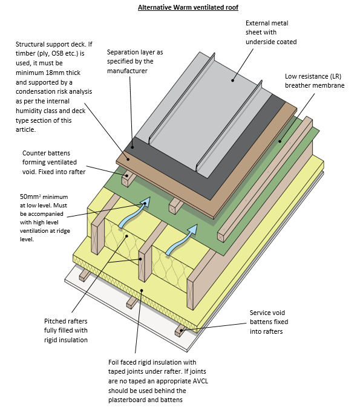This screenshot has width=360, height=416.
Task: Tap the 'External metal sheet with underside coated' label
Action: pos(271,33)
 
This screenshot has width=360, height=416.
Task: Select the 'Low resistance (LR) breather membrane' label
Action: pos(315,82)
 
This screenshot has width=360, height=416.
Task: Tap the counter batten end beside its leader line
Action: pos(128,179)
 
